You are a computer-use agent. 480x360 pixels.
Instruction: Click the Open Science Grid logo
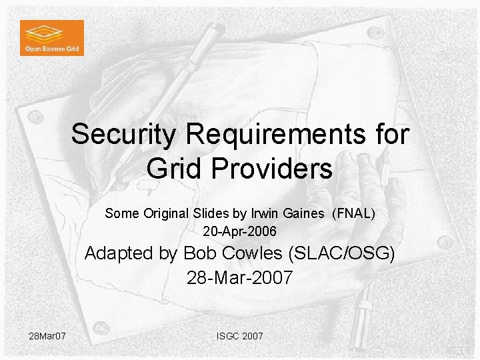(52, 37)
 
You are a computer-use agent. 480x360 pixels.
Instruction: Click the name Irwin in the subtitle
(266, 214)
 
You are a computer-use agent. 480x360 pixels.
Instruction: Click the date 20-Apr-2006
(239, 232)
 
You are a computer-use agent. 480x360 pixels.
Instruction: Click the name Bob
(198, 254)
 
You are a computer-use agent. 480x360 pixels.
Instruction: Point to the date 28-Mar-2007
(239, 277)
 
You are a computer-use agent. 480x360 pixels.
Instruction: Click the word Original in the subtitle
(159, 214)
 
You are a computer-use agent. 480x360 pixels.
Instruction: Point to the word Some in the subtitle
(119, 214)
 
